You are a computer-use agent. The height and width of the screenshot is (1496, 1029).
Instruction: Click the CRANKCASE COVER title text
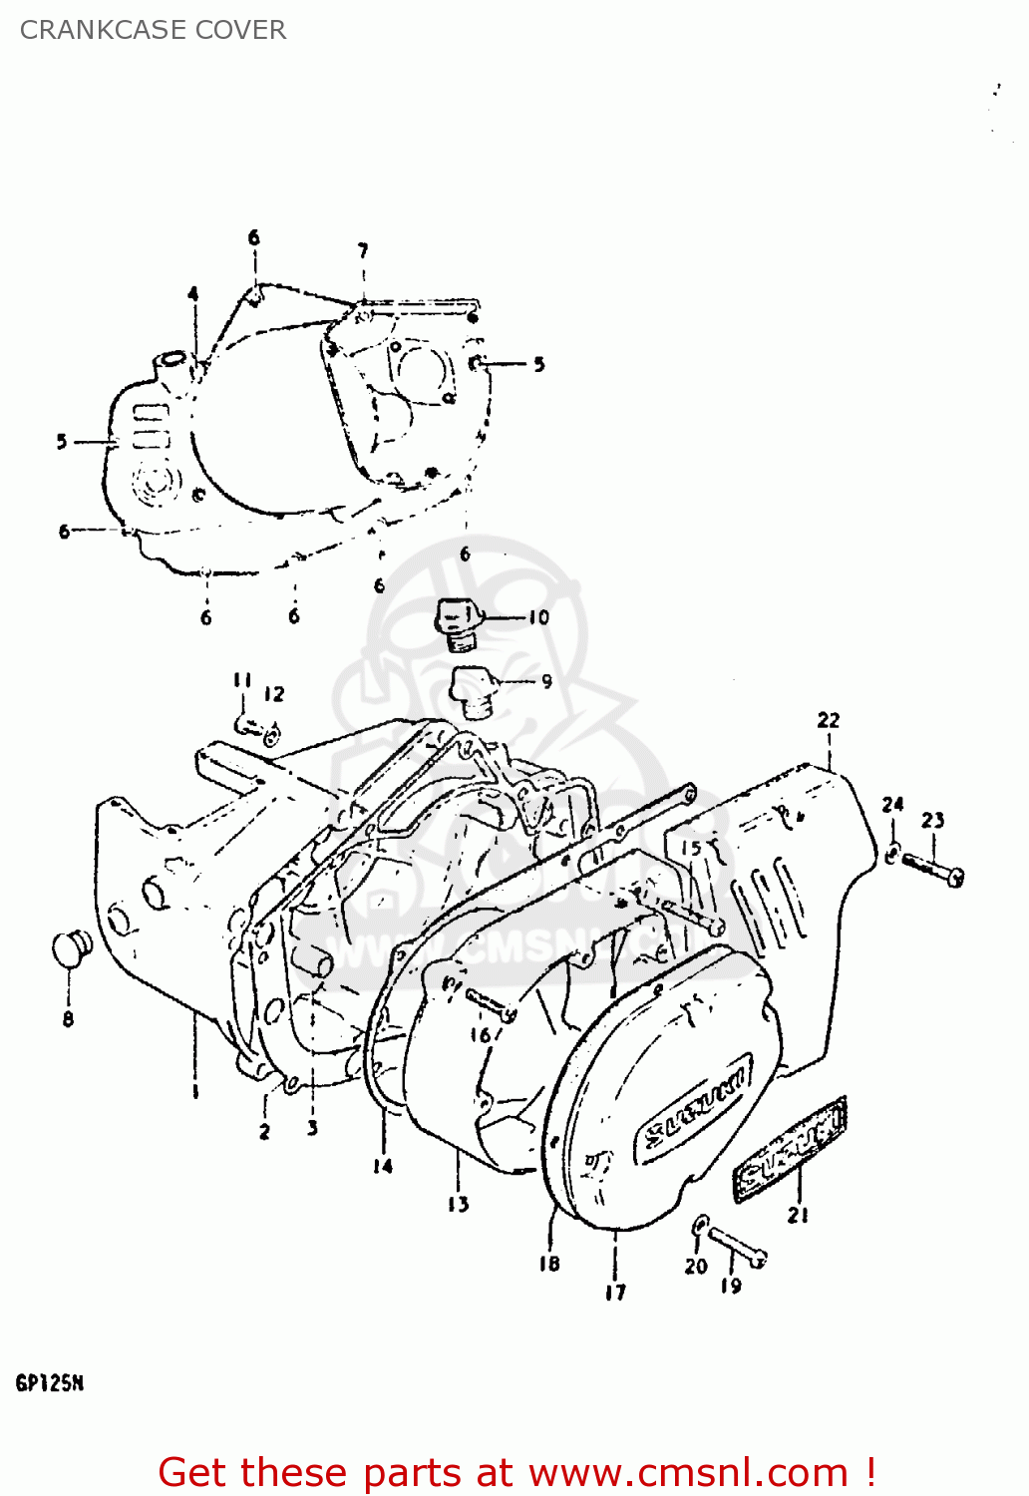[x=153, y=30]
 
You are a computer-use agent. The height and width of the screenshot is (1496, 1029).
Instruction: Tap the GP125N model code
[x=49, y=1383]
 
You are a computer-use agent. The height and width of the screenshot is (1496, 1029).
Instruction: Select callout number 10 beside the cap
[x=538, y=617]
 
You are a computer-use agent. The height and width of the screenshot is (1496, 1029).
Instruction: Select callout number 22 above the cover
[x=829, y=720]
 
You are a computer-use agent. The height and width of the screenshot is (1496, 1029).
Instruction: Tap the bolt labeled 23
[x=932, y=868]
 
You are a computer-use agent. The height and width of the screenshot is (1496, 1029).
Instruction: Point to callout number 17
[x=615, y=1293]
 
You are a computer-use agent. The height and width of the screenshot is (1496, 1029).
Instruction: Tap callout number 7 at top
[x=363, y=250]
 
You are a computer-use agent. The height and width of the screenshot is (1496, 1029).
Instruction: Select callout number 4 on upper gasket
[x=193, y=294]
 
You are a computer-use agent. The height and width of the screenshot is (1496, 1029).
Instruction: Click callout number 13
[x=458, y=1205]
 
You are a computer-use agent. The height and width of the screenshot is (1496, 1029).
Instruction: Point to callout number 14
[x=383, y=1165]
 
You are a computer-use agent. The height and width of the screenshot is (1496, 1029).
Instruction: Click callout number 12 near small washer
[x=274, y=694]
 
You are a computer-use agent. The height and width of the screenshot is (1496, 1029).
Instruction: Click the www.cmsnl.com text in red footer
[x=687, y=1472]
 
